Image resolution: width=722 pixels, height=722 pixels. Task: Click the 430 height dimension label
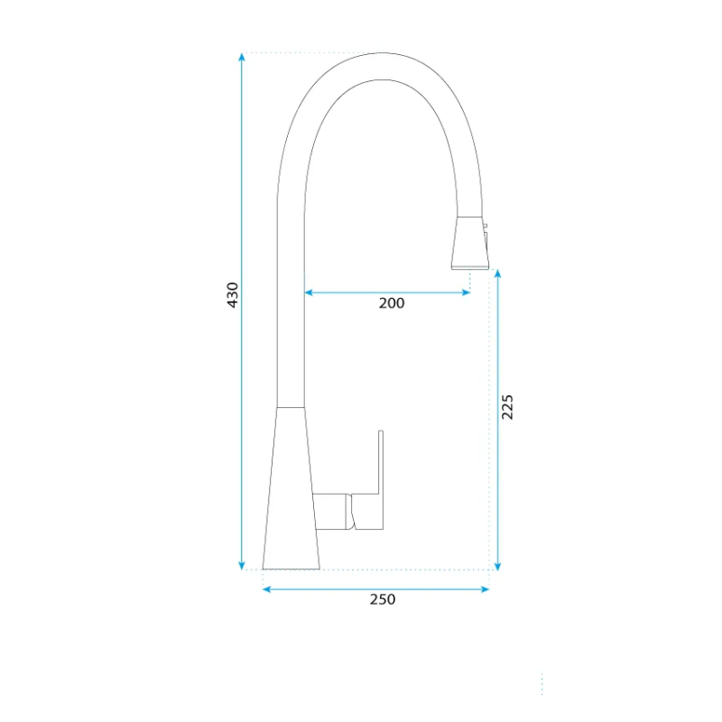pos(233,295)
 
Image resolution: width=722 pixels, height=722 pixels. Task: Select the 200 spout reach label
pos(392,303)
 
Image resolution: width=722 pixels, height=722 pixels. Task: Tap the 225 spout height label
pos(507,407)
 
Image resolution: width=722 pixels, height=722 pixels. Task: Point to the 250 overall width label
pos(382,599)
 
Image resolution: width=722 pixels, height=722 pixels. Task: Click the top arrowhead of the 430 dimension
pos(242,57)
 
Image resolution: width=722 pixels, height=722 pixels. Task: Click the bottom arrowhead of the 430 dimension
pos(242,566)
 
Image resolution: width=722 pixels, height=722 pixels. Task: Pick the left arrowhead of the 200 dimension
pos(309,292)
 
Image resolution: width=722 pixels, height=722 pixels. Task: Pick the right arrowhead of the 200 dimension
pos(466,292)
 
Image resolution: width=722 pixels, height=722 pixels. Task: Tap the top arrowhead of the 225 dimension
pos(497,273)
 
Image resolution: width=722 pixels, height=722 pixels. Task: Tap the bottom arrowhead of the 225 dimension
pos(497,566)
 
